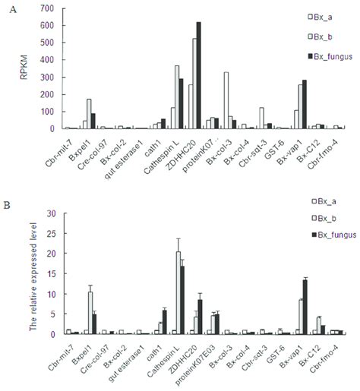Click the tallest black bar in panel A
tap(198, 76)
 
